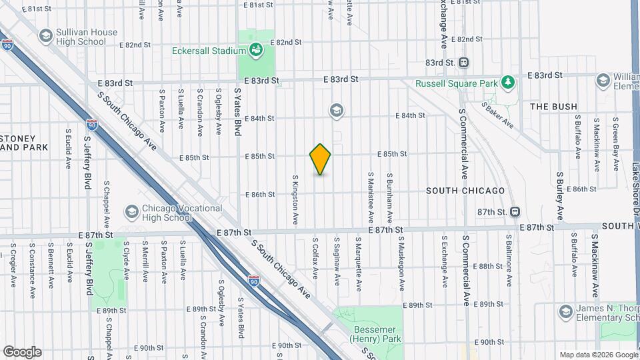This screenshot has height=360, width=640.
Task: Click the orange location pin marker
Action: pyautogui.click(x=320, y=159)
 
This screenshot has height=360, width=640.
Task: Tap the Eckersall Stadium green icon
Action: pyautogui.click(x=255, y=49)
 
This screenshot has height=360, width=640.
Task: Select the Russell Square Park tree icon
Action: pyautogui.click(x=509, y=83)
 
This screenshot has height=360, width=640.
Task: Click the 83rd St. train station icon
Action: pyautogui.click(x=464, y=63)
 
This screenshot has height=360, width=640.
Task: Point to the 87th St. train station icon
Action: pyautogui.click(x=515, y=212)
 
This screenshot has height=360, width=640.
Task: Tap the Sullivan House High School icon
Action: pyautogui.click(x=45, y=36)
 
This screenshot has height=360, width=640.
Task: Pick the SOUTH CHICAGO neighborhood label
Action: pyautogui.click(x=465, y=191)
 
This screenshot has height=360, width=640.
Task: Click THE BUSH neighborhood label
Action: pyautogui.click(x=553, y=107)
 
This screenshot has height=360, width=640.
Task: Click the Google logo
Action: pyautogui.click(x=22, y=351)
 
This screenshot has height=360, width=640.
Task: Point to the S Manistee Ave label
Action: pyautogui.click(x=369, y=198)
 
